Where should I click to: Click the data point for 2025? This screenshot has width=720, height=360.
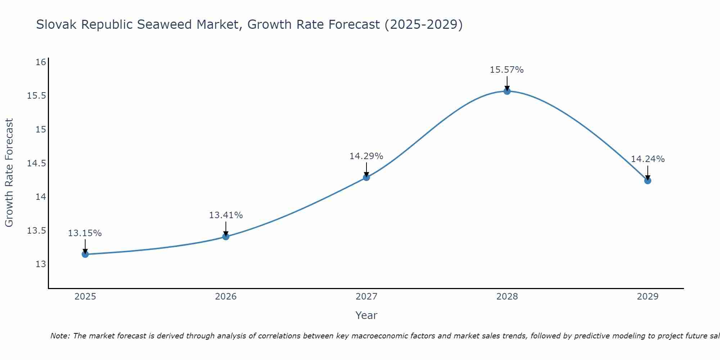(85, 254)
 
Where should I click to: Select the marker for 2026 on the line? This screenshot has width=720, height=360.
(226, 237)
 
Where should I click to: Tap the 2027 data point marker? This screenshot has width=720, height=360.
(366, 177)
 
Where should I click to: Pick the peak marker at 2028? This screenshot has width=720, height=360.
(507, 91)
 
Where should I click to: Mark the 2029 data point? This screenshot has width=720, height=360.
(648, 180)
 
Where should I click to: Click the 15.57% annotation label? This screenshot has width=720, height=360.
(507, 70)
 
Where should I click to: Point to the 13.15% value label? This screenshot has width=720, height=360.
(85, 233)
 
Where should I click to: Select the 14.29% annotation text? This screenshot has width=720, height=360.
(366, 156)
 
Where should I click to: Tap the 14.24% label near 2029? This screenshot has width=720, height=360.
(648, 159)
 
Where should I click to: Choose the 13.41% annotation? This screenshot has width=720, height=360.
(226, 215)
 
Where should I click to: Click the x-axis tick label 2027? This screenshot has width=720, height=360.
(366, 297)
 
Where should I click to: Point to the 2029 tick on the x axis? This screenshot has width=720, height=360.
(648, 297)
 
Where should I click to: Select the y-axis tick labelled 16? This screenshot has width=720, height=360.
(41, 62)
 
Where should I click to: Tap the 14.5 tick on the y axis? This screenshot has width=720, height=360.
(37, 163)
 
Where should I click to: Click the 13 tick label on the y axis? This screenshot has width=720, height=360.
(41, 264)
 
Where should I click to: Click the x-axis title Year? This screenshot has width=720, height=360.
(366, 315)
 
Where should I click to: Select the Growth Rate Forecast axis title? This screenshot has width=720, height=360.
(9, 173)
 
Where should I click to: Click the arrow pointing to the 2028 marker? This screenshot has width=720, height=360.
(507, 83)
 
